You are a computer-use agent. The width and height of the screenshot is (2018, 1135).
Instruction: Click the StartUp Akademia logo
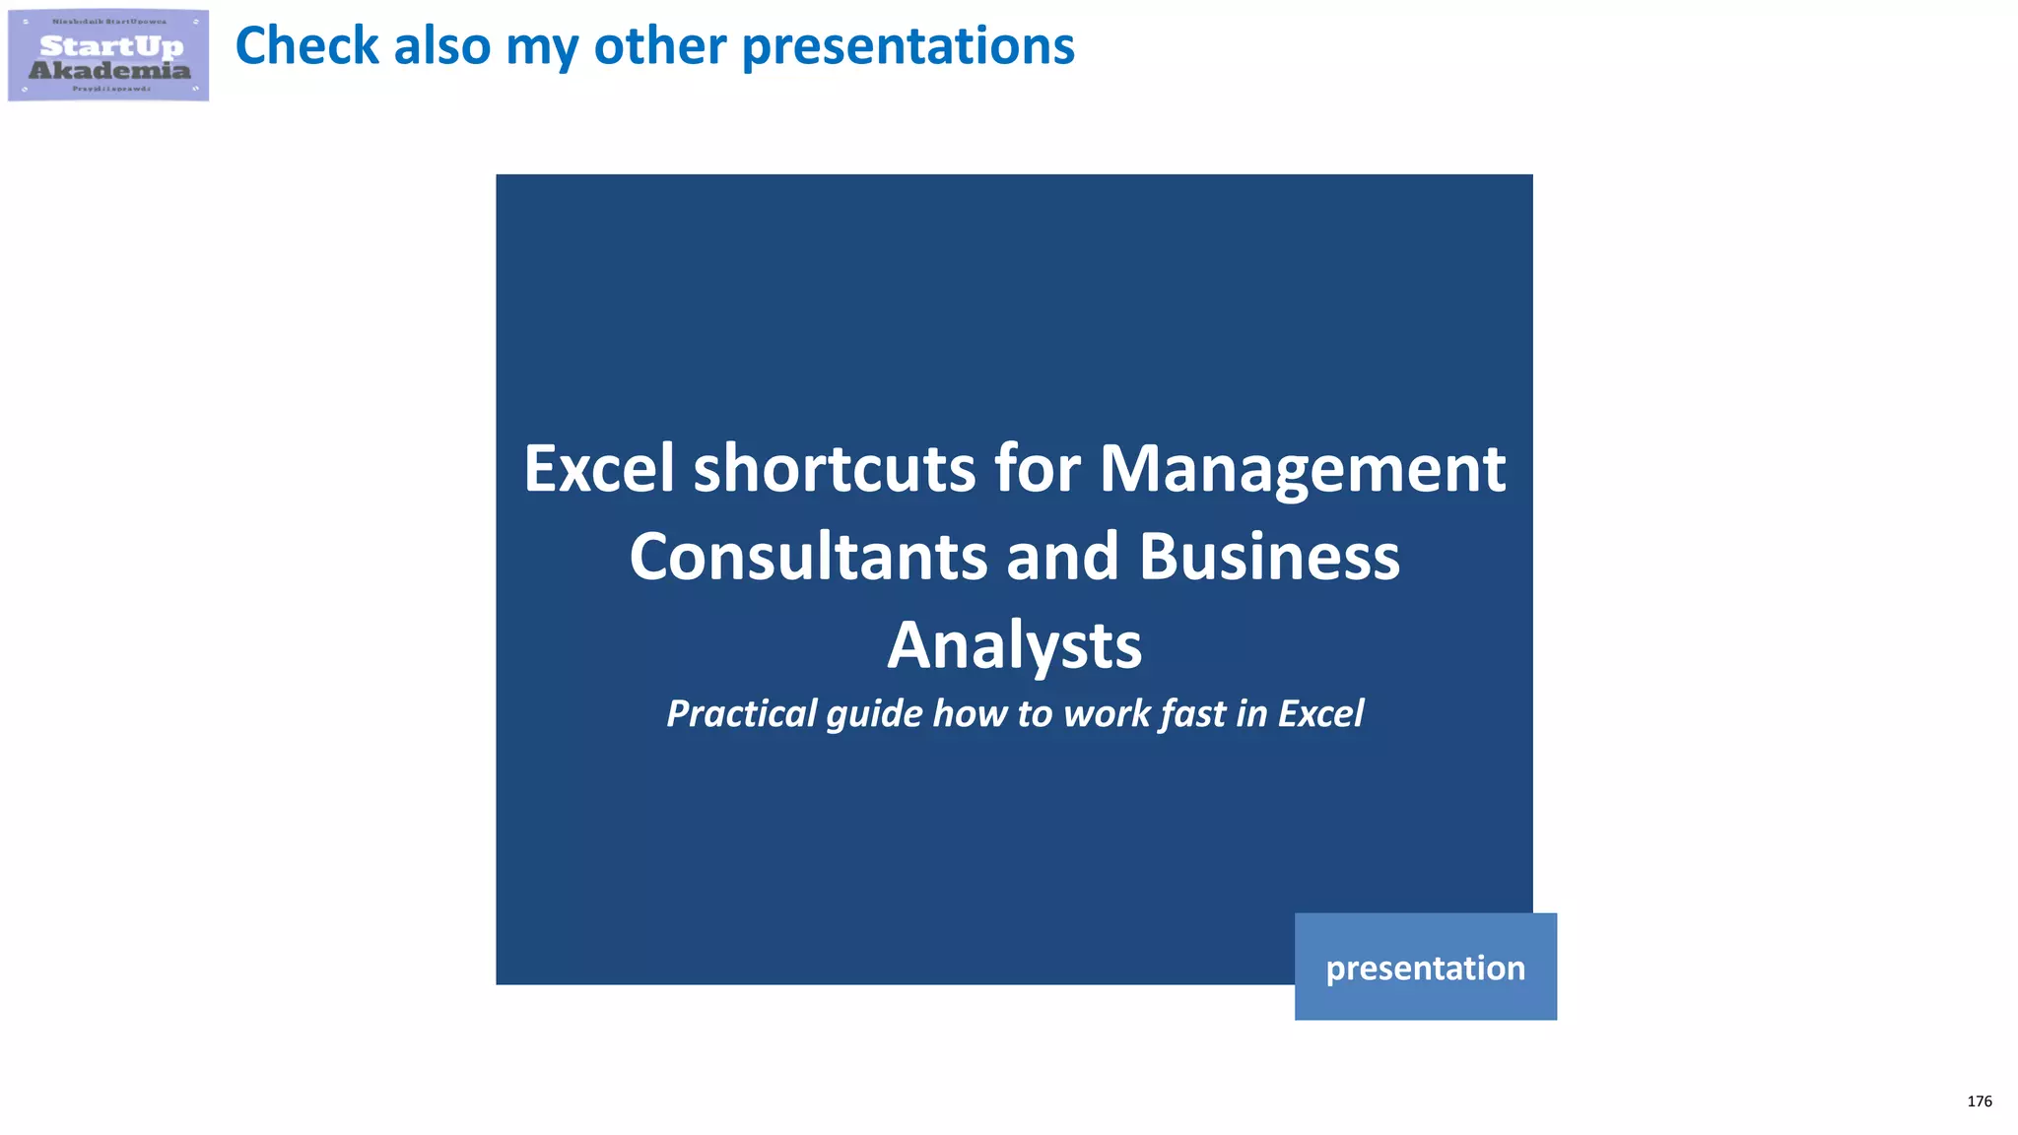tap(108, 55)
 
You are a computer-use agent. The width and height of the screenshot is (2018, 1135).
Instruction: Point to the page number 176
tap(1979, 1102)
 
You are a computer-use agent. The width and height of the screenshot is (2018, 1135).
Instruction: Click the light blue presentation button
tap(1425, 967)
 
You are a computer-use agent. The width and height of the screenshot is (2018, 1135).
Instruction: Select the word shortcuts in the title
tap(835, 468)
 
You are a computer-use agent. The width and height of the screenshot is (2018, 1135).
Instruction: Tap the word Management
tap(1302, 468)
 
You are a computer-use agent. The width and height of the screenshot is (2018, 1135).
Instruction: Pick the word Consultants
tap(808, 557)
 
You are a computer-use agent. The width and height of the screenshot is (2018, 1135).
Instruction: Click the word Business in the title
tap(1269, 557)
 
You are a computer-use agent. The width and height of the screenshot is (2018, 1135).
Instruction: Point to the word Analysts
tap(1014, 645)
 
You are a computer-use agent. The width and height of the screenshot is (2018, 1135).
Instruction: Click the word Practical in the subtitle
tap(741, 713)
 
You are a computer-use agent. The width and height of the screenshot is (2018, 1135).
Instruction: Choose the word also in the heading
tap(441, 46)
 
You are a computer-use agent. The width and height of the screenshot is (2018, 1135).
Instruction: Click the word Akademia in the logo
tap(109, 70)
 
